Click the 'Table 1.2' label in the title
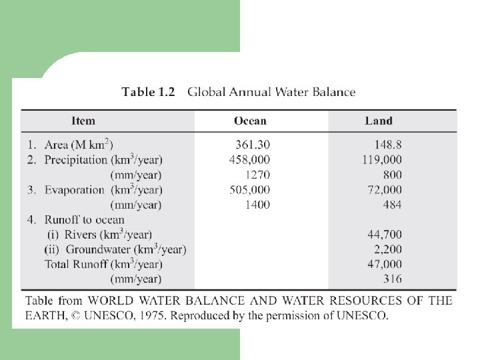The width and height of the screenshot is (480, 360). point(148,93)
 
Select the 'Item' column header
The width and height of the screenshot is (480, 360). point(83,121)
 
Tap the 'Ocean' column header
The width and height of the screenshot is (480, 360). point(250,121)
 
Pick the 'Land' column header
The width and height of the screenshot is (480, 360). point(378,121)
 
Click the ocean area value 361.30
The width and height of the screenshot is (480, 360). point(253,145)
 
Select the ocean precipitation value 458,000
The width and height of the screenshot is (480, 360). point(250,159)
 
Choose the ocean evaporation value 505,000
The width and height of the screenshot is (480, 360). point(250,189)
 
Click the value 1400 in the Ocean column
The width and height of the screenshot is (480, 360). point(257,205)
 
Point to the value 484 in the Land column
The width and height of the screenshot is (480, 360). point(392,205)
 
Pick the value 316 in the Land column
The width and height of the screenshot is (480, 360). point(392,279)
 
